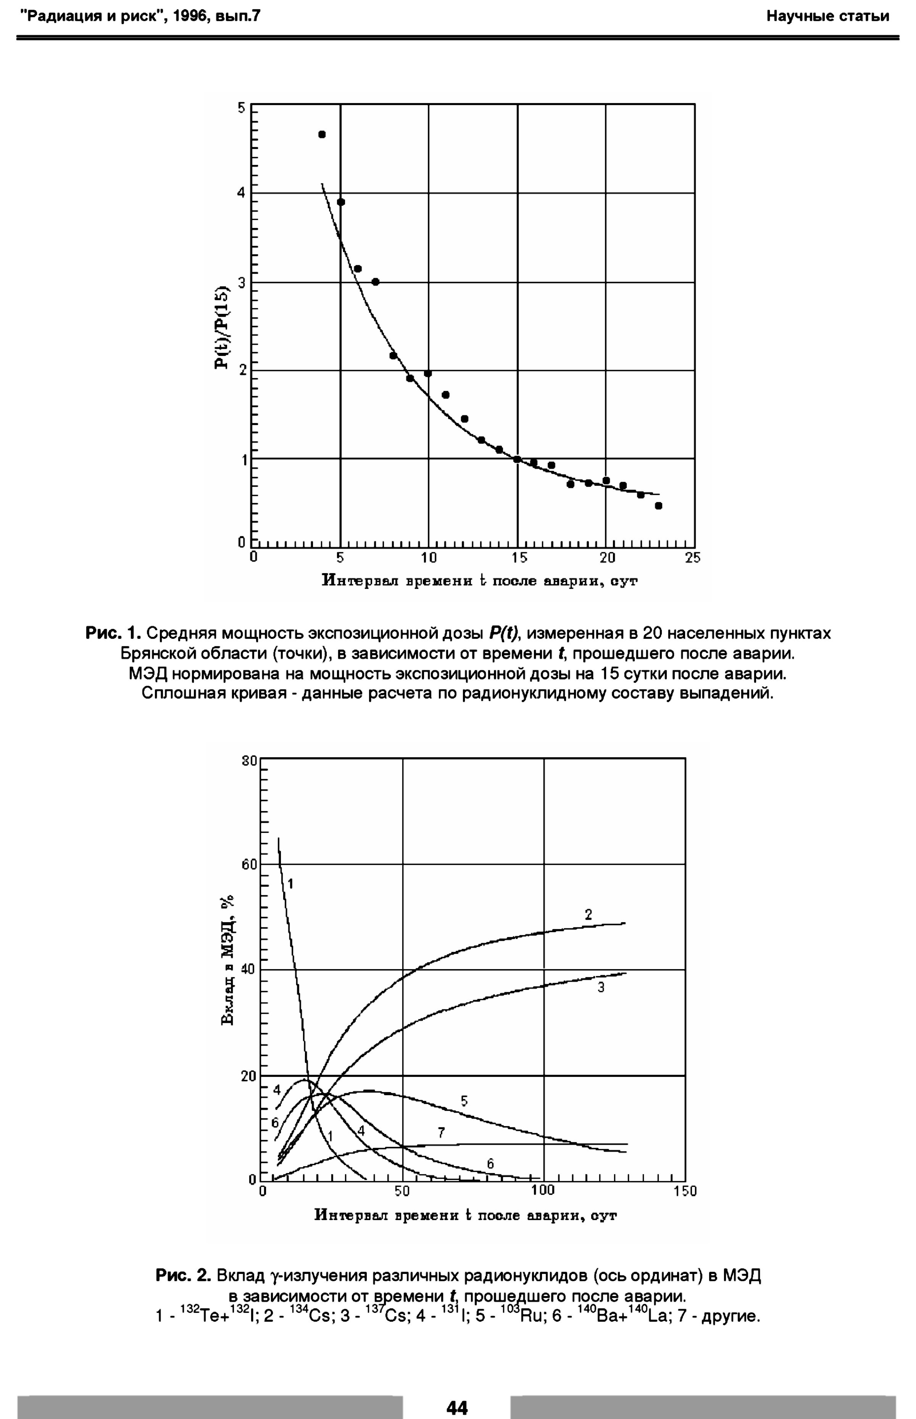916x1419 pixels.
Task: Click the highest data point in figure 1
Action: click(322, 134)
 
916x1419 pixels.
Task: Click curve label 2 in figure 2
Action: click(588, 915)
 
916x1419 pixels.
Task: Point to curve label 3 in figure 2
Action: click(601, 987)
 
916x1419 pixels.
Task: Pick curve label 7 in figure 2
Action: click(441, 1133)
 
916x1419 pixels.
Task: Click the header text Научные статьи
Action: click(827, 16)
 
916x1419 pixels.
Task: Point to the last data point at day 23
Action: click(658, 506)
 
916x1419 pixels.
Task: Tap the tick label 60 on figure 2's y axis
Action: click(249, 865)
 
